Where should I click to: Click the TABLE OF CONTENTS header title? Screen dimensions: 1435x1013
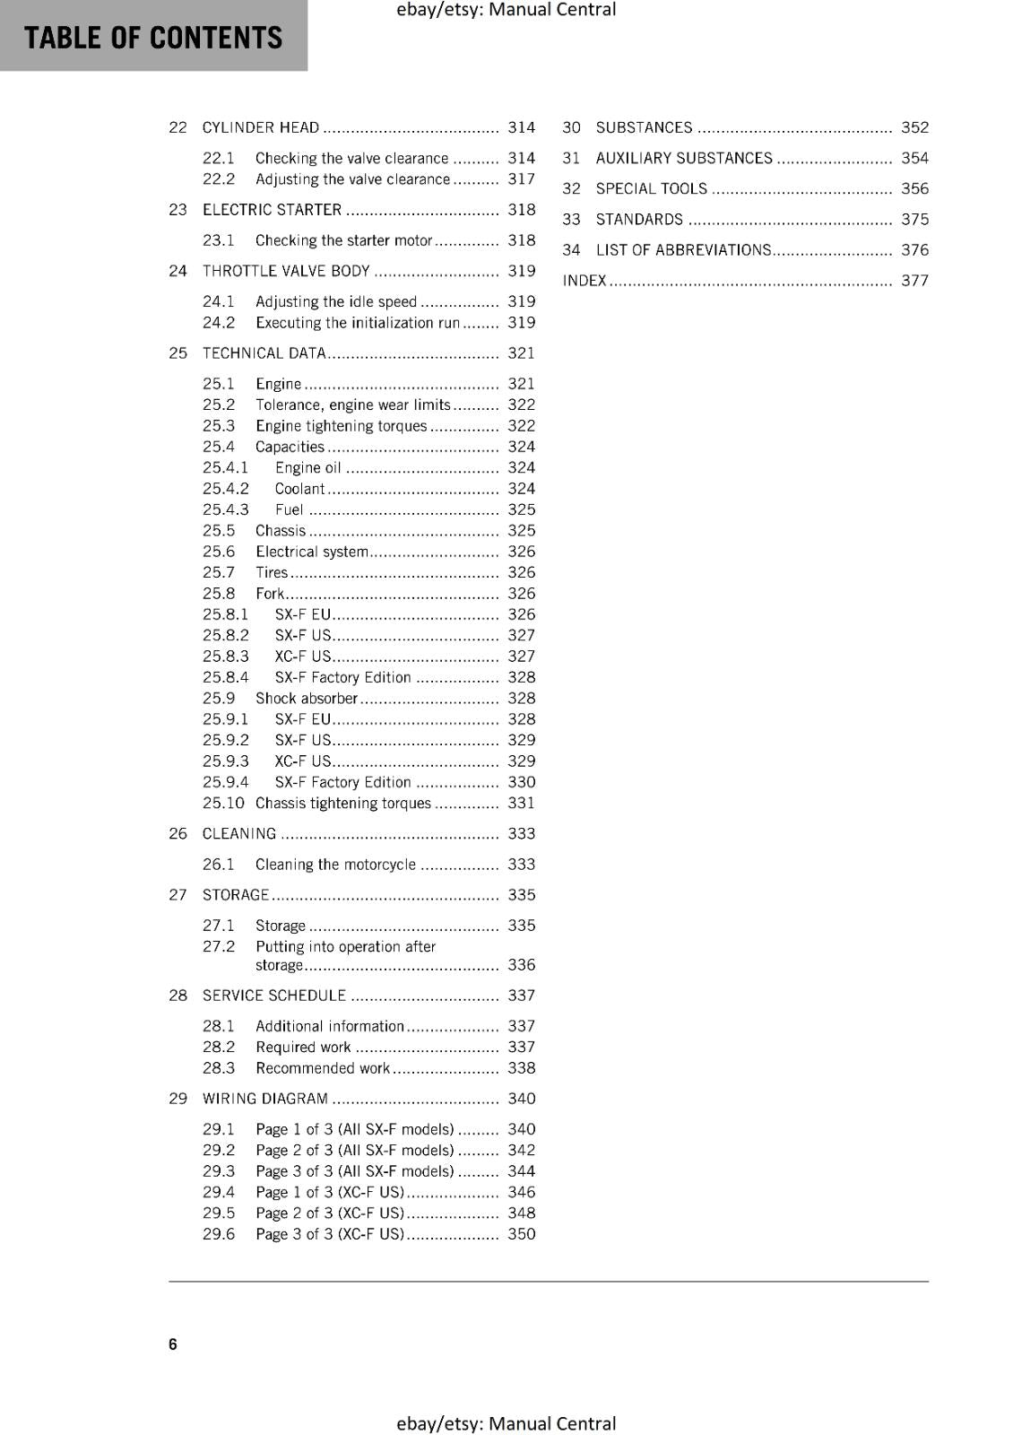[x=152, y=38]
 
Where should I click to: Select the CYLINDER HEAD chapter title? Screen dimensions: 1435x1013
[x=261, y=127]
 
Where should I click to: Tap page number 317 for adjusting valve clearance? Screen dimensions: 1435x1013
[x=521, y=178]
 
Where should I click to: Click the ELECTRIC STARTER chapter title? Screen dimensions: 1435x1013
[x=272, y=210]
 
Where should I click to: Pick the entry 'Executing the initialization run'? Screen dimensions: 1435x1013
[x=357, y=323]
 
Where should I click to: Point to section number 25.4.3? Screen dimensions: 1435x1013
[x=225, y=509]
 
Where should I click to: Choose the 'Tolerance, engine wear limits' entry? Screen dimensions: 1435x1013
[x=352, y=404]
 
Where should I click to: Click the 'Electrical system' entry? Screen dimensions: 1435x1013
[x=311, y=552]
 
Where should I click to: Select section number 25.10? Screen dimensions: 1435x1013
[x=223, y=803]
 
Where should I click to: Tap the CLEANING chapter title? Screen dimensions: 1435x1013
[x=239, y=834]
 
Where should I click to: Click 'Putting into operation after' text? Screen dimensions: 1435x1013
[x=345, y=946]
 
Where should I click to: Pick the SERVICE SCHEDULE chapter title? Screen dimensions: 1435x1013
[x=273, y=996]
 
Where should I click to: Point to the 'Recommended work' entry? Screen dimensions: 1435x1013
[x=323, y=1068]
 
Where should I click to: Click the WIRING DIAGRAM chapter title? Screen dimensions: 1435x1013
[x=265, y=1099]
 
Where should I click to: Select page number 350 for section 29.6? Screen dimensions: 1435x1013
[x=521, y=1234]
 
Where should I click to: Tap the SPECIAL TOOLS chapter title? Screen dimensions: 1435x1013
[x=651, y=188]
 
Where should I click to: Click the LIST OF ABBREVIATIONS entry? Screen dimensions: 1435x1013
[x=683, y=250]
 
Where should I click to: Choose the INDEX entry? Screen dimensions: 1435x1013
[x=584, y=281]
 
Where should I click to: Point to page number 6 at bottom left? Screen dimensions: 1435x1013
[x=173, y=1344]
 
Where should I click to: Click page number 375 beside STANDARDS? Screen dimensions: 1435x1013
[x=914, y=220]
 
